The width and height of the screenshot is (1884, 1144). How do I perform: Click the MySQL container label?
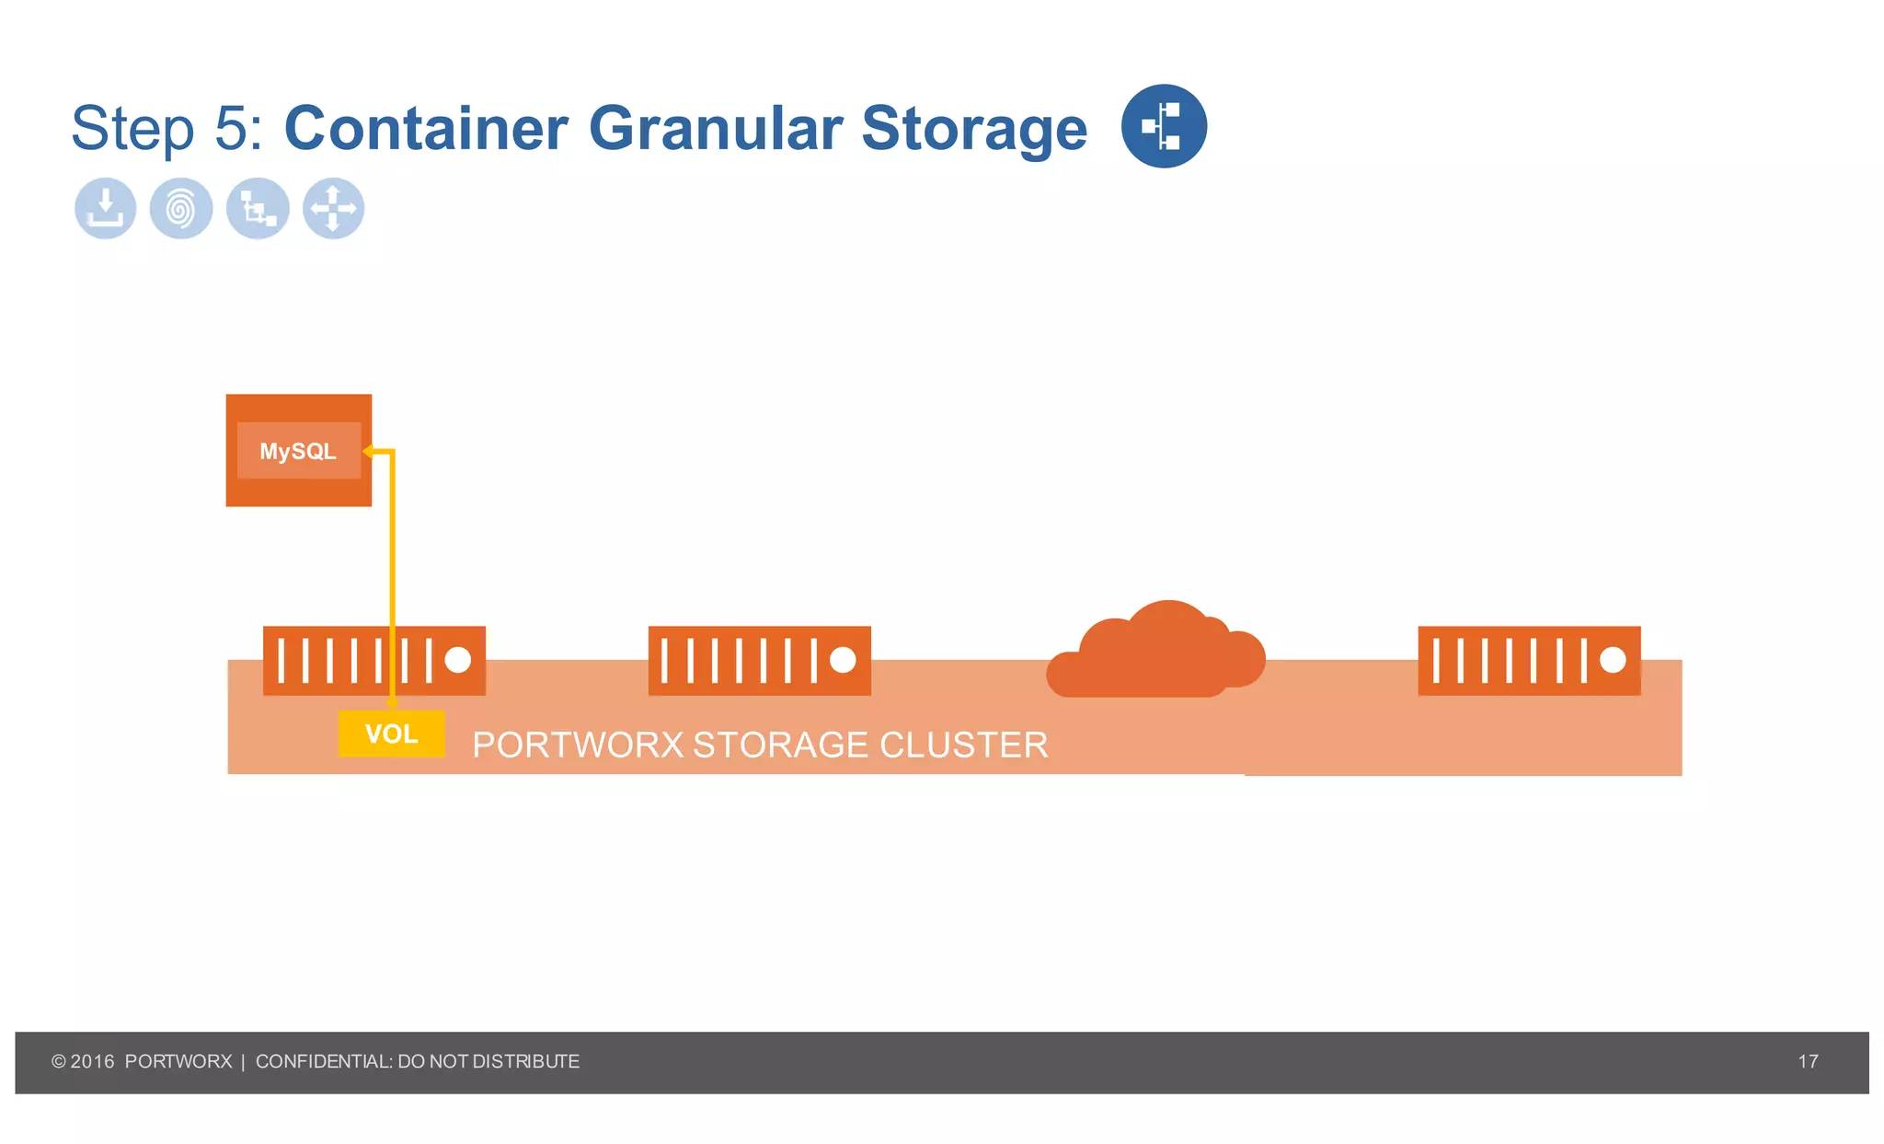[x=298, y=451]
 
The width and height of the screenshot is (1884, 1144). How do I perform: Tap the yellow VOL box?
[x=391, y=734]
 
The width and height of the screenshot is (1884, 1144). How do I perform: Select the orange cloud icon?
[x=1156, y=652]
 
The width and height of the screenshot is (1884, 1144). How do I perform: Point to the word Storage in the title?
[x=974, y=129]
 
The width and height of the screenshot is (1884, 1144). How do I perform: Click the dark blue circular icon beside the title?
[x=1164, y=126]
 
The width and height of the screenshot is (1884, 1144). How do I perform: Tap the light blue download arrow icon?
[x=106, y=208]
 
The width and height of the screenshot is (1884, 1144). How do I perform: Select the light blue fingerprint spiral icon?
[x=181, y=208]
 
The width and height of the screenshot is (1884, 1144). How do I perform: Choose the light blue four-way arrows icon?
[x=333, y=208]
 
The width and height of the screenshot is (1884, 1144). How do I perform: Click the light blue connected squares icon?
[x=258, y=208]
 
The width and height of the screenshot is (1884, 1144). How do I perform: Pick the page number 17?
[x=1808, y=1061]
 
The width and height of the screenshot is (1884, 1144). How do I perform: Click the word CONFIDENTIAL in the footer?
[x=324, y=1061]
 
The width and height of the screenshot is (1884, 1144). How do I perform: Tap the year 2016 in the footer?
[x=92, y=1061]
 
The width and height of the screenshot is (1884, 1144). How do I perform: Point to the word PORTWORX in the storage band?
[x=578, y=745]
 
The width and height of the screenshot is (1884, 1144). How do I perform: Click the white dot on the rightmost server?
[x=1613, y=660]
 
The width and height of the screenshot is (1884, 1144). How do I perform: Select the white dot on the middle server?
[x=843, y=660]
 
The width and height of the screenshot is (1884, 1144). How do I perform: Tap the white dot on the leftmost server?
[x=458, y=660]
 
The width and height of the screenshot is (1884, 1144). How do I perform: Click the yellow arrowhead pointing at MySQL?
[x=368, y=451]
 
